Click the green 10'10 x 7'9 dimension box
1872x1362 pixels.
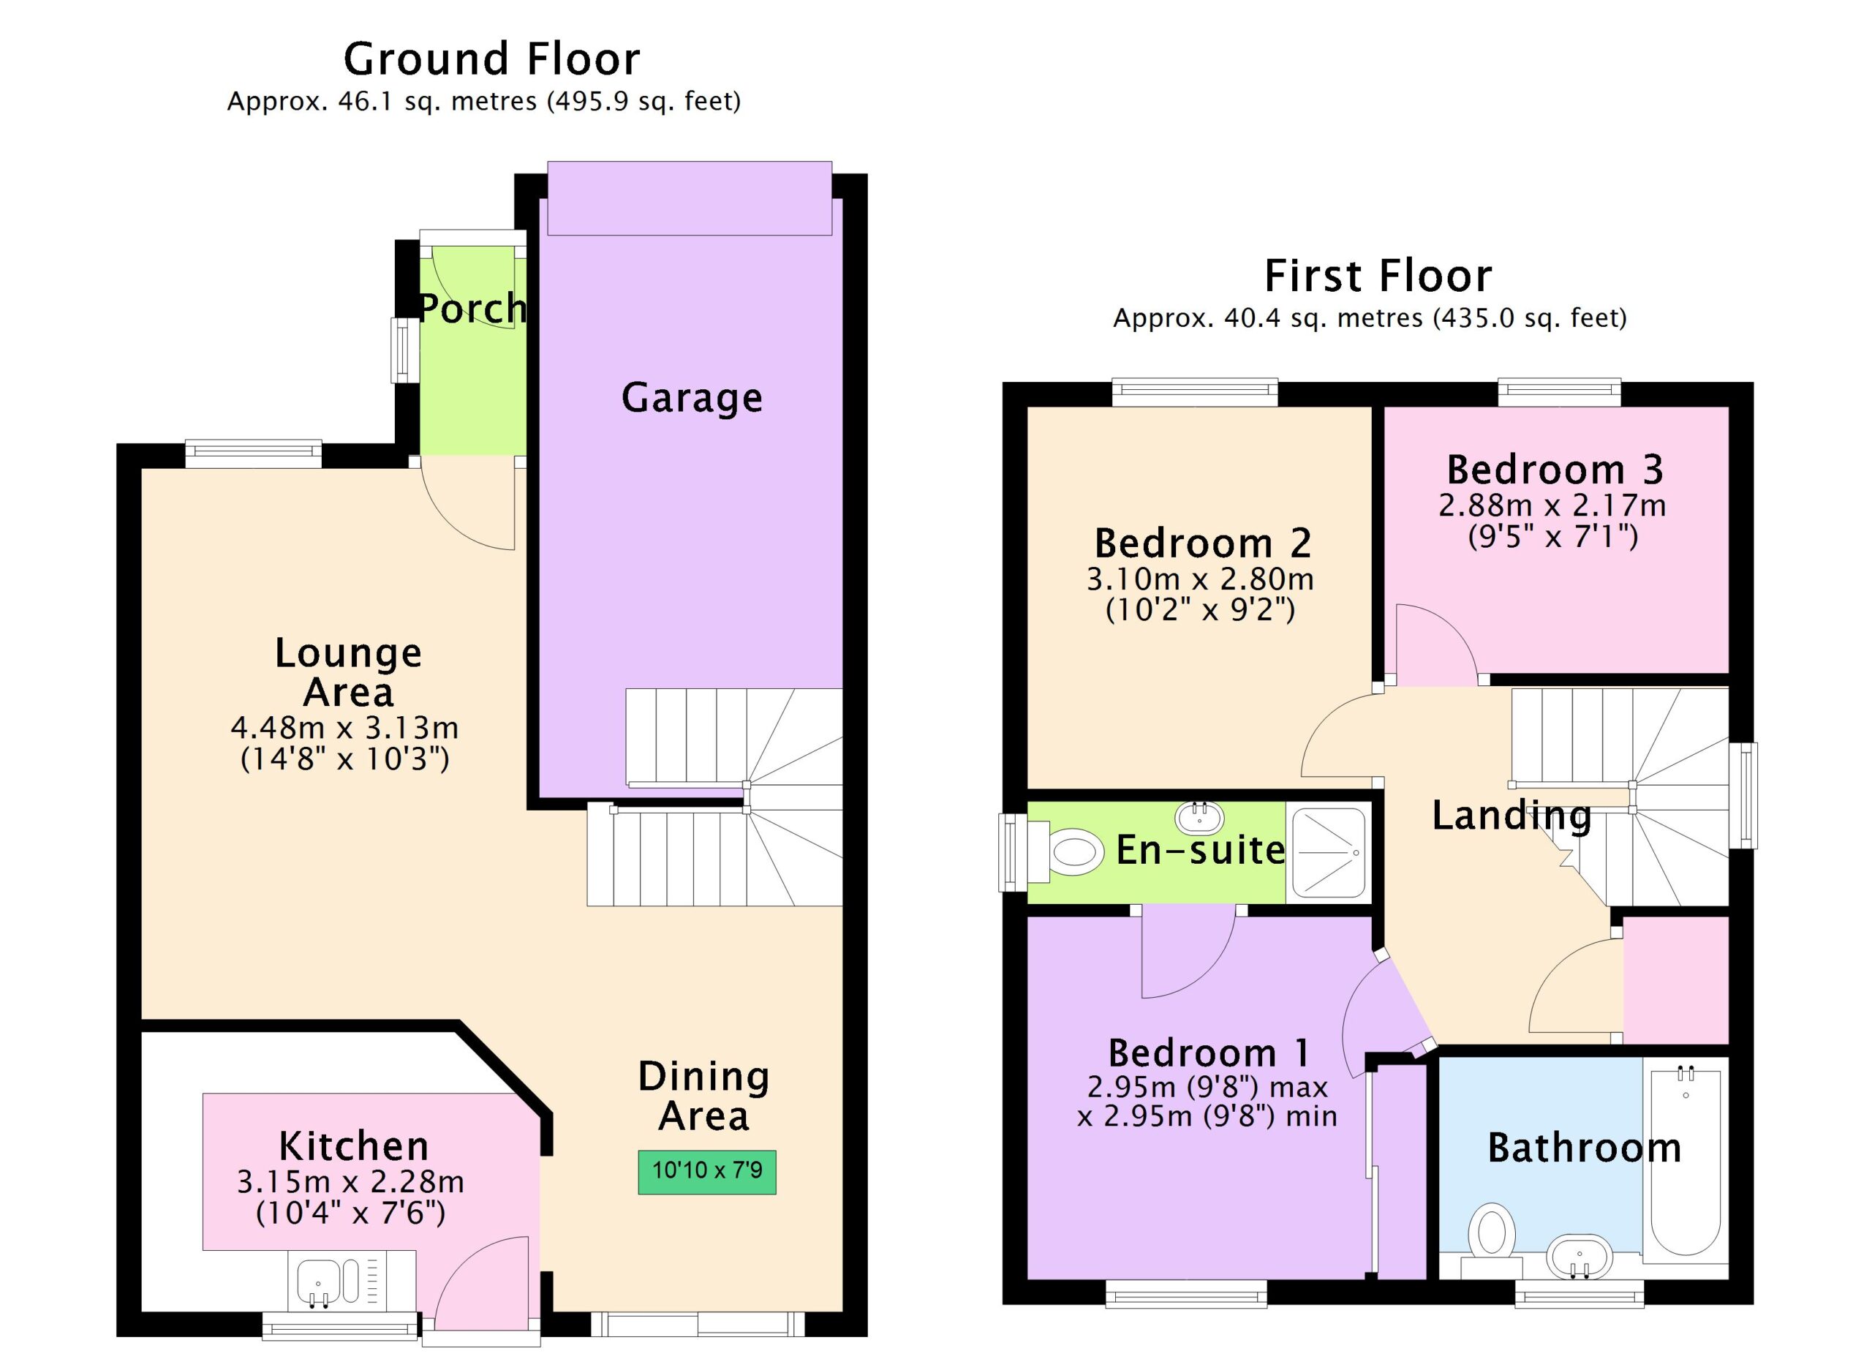tap(706, 1172)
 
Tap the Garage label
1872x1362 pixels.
tap(692, 399)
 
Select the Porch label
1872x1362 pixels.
tap(473, 309)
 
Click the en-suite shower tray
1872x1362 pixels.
tap(1329, 853)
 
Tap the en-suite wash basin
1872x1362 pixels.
tap(1199, 817)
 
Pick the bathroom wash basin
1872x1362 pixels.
tap(1579, 1258)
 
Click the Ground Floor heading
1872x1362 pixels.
tap(492, 59)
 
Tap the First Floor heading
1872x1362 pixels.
tap(1378, 276)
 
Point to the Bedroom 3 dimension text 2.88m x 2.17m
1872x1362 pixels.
tap(1552, 505)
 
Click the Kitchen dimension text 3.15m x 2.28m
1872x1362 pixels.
tap(350, 1182)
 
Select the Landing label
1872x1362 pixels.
tap(1511, 816)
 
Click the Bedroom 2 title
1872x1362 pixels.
tap(1203, 543)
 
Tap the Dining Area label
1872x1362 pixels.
tap(704, 1096)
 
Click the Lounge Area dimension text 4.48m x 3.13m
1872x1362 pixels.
tap(344, 728)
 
